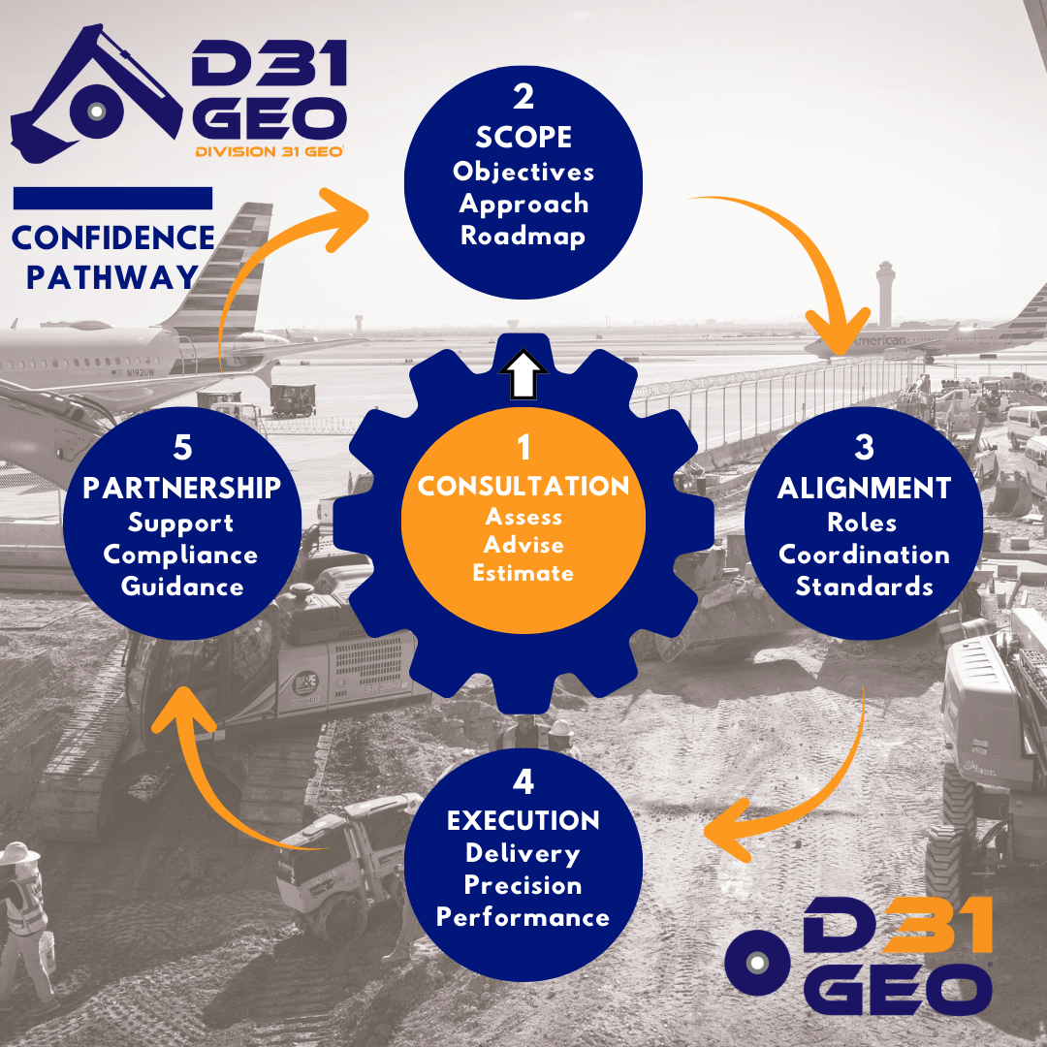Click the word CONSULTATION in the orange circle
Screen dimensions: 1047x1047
523,486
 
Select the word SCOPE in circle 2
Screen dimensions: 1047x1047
523,139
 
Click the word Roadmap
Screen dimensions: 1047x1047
523,236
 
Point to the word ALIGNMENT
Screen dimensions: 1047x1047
864,489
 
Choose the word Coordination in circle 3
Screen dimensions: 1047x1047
864,555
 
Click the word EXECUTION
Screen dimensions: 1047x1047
523,821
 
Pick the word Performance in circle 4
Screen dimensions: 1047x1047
523,917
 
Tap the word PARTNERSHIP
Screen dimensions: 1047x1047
182,488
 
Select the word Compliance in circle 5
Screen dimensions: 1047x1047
181,555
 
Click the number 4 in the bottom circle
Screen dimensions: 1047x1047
523,781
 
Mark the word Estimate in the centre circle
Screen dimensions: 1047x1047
523,573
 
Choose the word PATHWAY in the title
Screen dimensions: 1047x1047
112,277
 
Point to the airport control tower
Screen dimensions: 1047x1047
885,291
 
